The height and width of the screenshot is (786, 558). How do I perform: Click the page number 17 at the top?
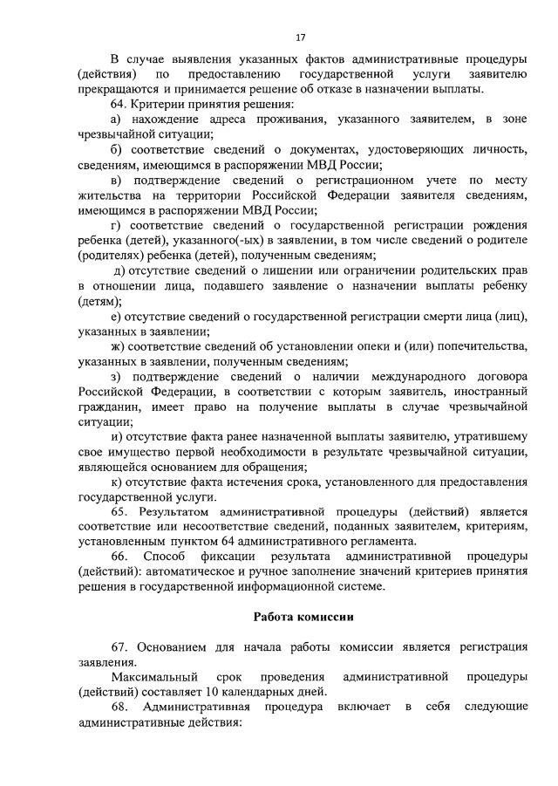tap(301, 38)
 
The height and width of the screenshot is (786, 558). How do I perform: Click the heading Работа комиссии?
tap(303, 615)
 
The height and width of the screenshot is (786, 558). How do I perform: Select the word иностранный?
tap(490, 391)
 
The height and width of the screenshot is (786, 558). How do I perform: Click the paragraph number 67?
tap(121, 646)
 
